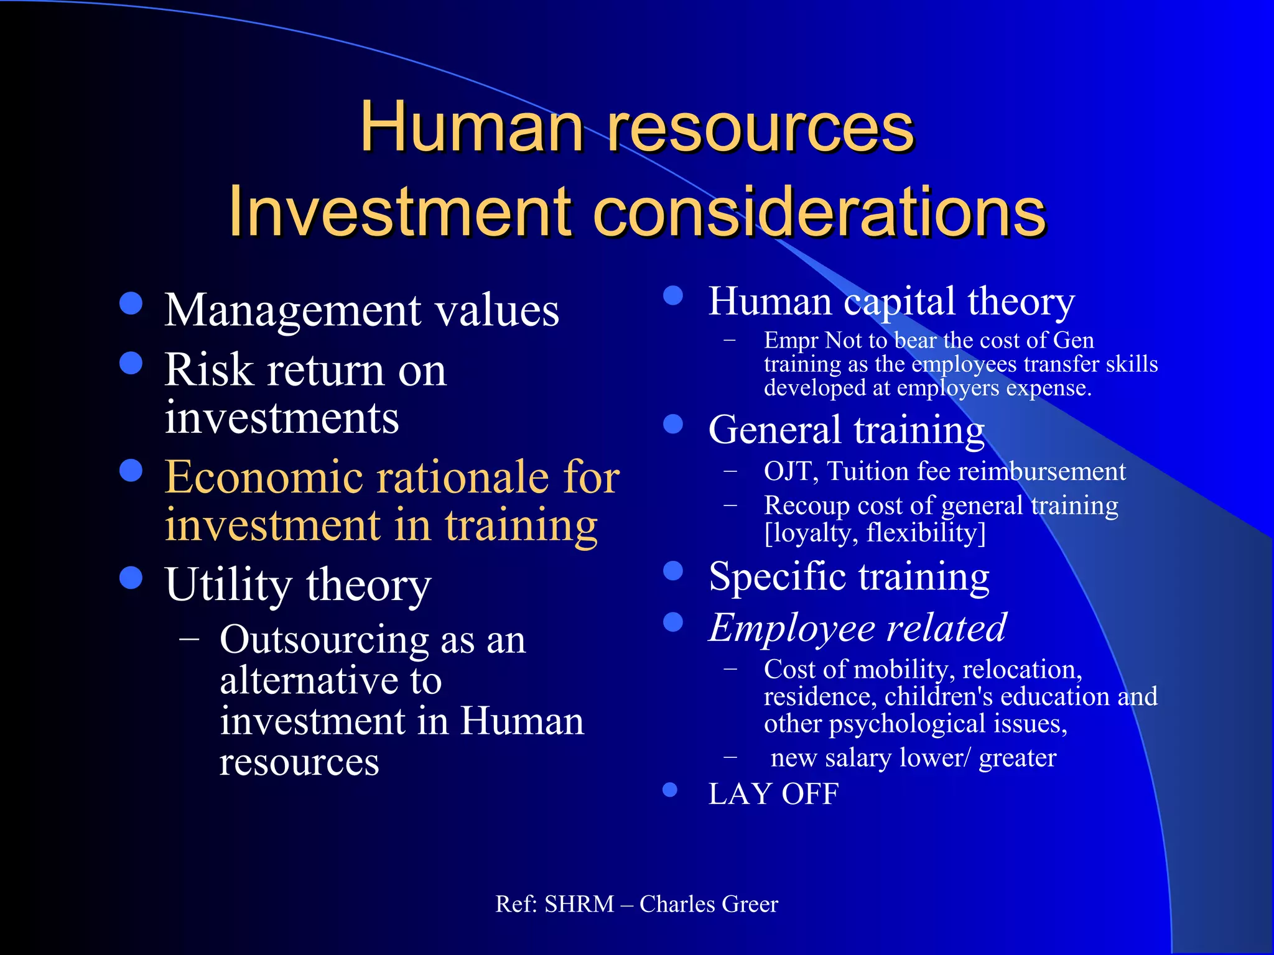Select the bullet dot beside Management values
(131, 304)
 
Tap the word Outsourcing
(323, 640)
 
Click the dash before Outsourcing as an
(188, 640)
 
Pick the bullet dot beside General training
(673, 424)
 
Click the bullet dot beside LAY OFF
(670, 790)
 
